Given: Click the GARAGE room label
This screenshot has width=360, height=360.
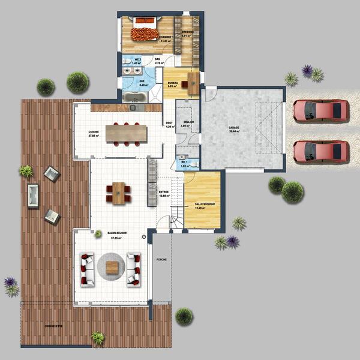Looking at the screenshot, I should [233, 128].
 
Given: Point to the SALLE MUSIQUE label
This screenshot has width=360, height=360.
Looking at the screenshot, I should [205, 205].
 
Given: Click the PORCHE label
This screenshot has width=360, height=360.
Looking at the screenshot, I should [161, 260].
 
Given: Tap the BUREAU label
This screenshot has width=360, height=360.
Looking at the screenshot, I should [172, 83].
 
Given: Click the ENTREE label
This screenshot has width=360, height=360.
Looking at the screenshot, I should [163, 192].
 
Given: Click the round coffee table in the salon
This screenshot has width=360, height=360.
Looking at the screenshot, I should [111, 266].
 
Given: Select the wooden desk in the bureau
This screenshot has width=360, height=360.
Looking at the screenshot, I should [192, 83].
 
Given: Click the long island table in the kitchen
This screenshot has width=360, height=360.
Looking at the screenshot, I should [126, 133].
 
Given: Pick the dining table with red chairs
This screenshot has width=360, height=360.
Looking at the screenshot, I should [119, 193].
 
